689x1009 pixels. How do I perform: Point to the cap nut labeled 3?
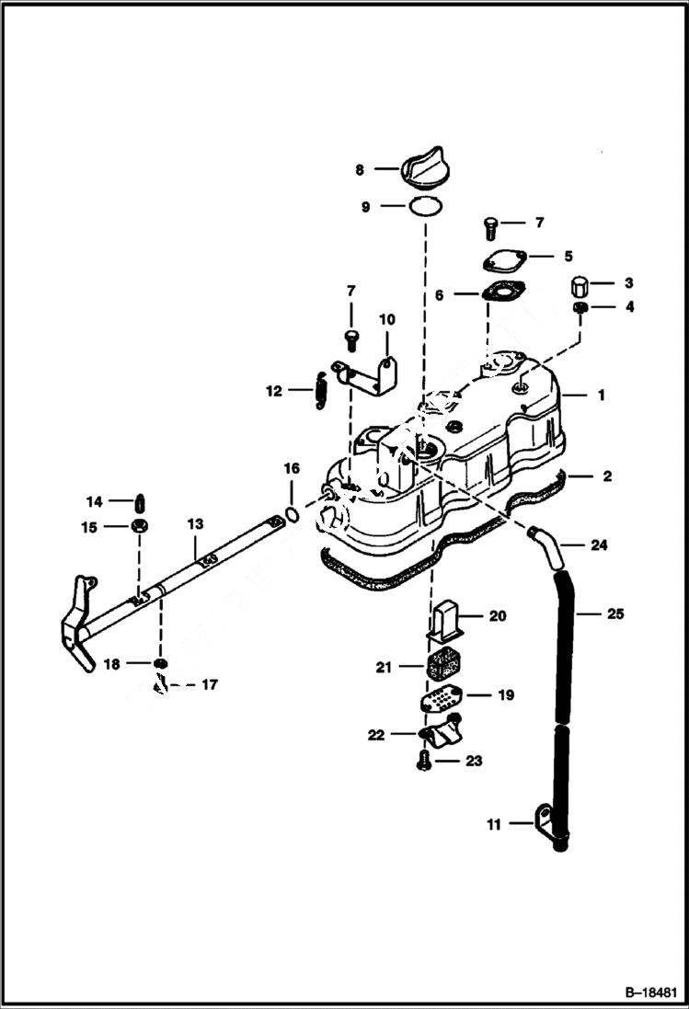coord(580,283)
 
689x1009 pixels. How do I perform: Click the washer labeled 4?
coord(580,306)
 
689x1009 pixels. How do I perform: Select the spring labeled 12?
coord(320,390)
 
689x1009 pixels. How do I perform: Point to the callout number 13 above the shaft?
coord(195,523)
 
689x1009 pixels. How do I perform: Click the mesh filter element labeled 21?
coord(445,661)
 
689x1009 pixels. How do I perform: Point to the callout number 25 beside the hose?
coord(614,613)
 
